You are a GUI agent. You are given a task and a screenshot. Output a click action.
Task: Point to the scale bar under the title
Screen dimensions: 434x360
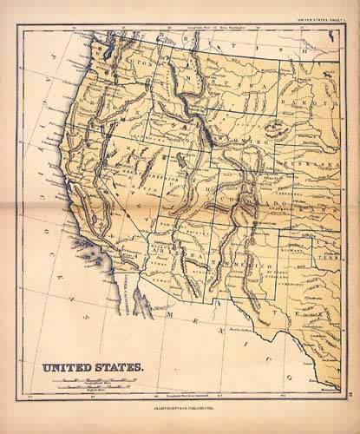(92, 383)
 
